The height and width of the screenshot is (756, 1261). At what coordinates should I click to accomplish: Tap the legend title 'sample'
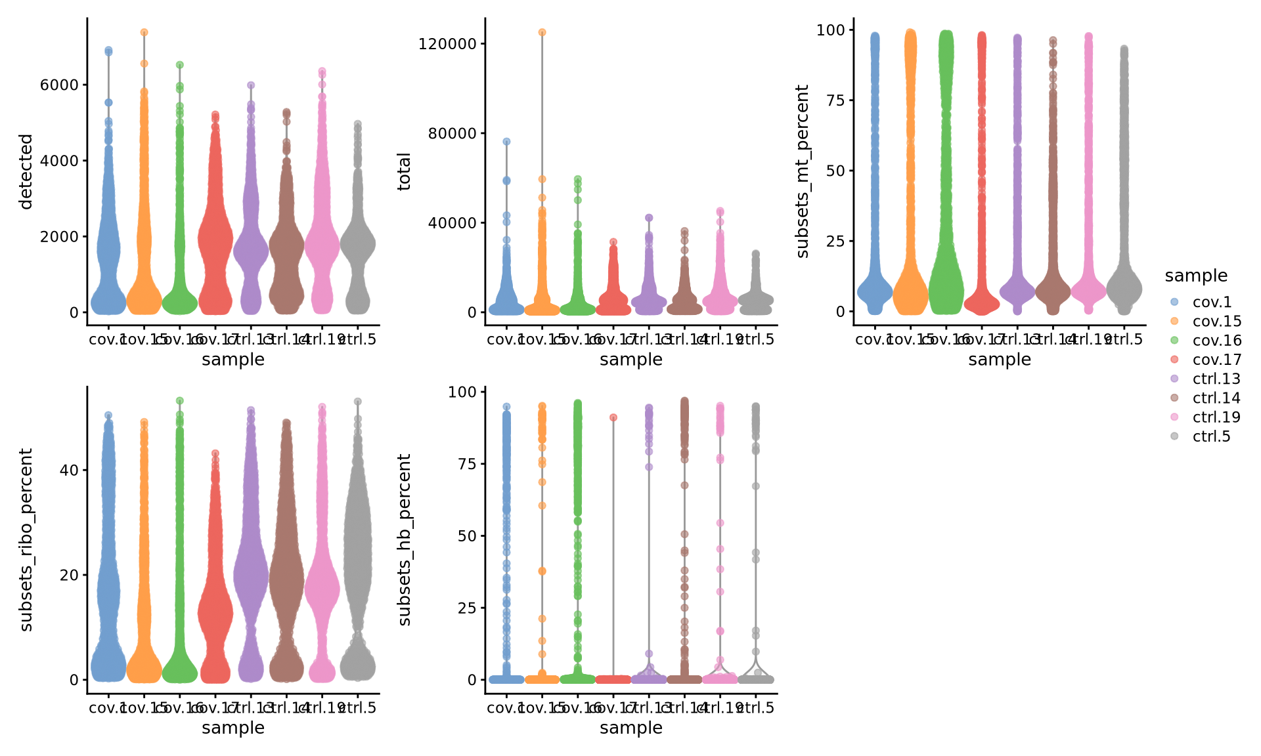pos(1196,276)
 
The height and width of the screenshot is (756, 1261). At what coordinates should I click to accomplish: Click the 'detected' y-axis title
pos(26,172)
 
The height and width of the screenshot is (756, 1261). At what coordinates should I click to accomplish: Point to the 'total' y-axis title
pos(404,172)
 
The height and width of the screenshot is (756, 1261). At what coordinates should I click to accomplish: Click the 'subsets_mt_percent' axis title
pos(802,172)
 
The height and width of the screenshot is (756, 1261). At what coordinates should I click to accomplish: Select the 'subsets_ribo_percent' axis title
pos(26,540)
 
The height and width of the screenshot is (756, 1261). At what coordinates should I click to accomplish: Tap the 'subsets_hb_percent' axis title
pos(404,540)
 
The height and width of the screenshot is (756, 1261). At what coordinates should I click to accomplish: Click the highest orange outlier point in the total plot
pos(542,32)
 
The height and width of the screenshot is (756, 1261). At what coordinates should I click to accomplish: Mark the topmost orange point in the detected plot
pos(144,32)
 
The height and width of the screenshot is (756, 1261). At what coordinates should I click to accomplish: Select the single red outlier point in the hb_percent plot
pos(613,417)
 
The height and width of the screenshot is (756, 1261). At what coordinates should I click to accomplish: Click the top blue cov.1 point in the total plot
pos(506,142)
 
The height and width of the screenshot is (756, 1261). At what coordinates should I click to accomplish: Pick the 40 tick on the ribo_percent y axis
pos(70,470)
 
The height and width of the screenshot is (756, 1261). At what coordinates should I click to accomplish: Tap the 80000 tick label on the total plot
pos(452,133)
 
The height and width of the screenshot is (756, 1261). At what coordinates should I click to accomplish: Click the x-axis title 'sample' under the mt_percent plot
pos(999,360)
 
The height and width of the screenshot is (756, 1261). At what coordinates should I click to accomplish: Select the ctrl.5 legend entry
pos(1211,437)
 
